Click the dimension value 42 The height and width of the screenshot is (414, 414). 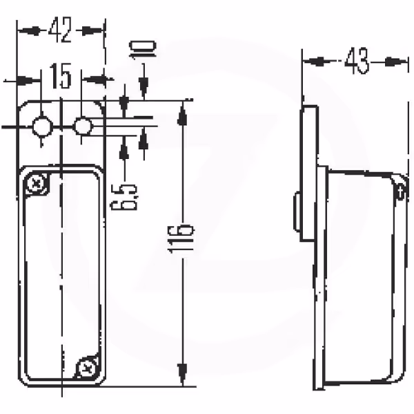click(60, 30)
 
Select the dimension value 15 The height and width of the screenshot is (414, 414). click(61, 76)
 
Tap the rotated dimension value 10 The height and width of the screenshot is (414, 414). click(143, 49)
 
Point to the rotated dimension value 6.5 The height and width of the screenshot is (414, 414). click(124, 197)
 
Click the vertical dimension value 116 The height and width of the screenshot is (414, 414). click(181, 238)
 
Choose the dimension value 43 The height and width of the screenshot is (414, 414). click(357, 61)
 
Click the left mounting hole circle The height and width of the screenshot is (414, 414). click(42, 126)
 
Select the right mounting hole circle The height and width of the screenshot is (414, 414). click(83, 126)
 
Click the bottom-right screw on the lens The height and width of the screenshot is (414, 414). click(86, 367)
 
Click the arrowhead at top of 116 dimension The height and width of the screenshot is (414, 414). click(182, 114)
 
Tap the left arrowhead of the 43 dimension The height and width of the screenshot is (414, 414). click(314, 62)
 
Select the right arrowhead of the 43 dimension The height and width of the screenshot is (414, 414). click(396, 62)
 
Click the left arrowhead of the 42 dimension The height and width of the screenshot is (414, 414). click(29, 31)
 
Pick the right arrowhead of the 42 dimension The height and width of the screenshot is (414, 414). click(92, 31)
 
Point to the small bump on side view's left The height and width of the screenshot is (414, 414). click(297, 211)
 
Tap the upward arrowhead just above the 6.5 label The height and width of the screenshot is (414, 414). click(124, 150)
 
